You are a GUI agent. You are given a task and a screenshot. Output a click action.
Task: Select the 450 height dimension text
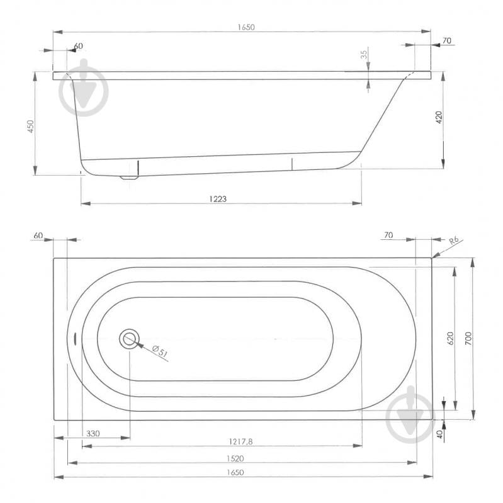[x=30, y=126]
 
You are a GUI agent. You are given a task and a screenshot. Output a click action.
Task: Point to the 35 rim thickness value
[x=364, y=55]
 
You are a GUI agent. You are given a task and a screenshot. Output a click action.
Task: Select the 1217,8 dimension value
[x=239, y=442]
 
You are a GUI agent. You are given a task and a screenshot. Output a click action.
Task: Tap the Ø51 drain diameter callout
[x=161, y=353]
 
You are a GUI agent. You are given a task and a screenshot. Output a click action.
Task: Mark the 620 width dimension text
[x=449, y=339]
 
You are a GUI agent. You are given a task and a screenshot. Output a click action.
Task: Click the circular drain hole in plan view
[x=130, y=339]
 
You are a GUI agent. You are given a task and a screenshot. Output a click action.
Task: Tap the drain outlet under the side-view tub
[x=130, y=176]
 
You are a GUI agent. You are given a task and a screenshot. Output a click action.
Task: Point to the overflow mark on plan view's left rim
[x=75, y=339]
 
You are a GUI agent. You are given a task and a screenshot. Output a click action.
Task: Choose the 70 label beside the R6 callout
[x=388, y=235]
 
